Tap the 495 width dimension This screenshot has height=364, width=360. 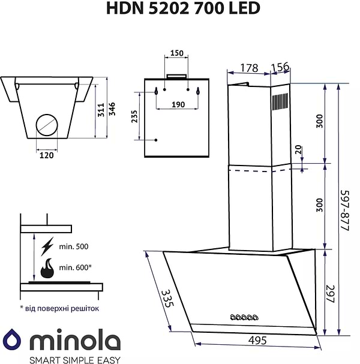coord(257,340)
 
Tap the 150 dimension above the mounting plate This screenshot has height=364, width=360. coord(176,53)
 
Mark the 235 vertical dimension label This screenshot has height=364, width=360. coord(134,116)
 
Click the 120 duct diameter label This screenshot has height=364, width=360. coord(47,155)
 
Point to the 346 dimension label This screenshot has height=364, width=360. coord(112,109)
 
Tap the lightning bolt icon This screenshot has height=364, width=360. coord(47,246)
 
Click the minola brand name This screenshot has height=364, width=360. coord(75,342)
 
